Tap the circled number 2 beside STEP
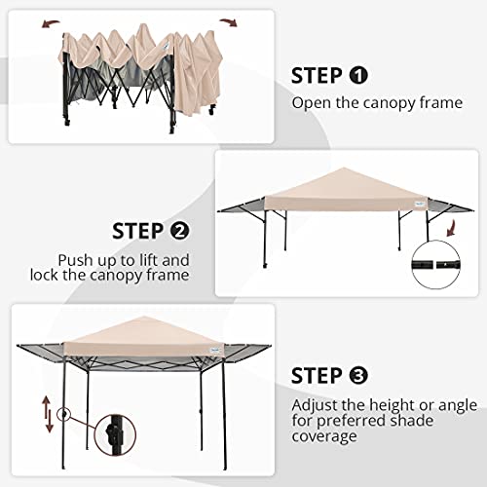[x=179, y=232]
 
